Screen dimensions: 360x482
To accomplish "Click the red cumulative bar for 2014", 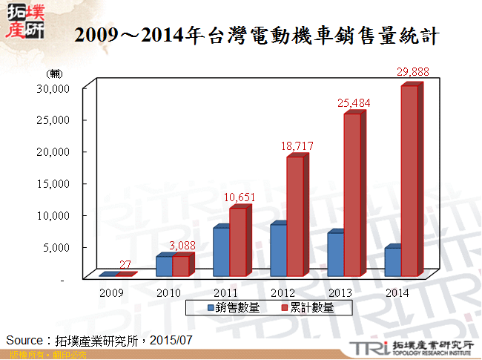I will coord(409,180).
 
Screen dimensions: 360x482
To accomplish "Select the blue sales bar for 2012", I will coord(278,250).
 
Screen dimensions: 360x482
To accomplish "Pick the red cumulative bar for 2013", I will coord(352,194).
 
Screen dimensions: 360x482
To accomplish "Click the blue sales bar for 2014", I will coord(393,262).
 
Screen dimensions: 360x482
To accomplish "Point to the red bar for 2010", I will coord(181,266).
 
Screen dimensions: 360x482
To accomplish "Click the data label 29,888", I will coord(413,72).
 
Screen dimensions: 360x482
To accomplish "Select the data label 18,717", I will coord(297,146).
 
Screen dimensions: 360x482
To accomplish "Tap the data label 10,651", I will coord(240,197).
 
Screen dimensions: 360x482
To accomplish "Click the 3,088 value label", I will coord(182,245).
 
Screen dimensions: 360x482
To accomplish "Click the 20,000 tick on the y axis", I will coord(53,151).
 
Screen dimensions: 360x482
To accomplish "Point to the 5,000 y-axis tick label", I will coord(56,247).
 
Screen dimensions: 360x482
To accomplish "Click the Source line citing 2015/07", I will coord(99,340).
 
